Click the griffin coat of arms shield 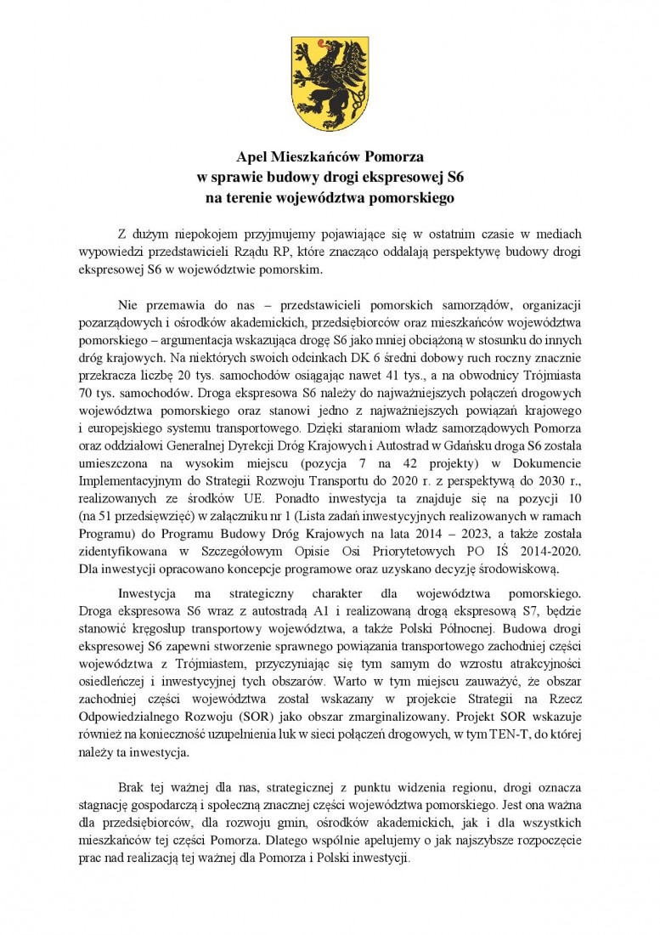coord(330,83)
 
